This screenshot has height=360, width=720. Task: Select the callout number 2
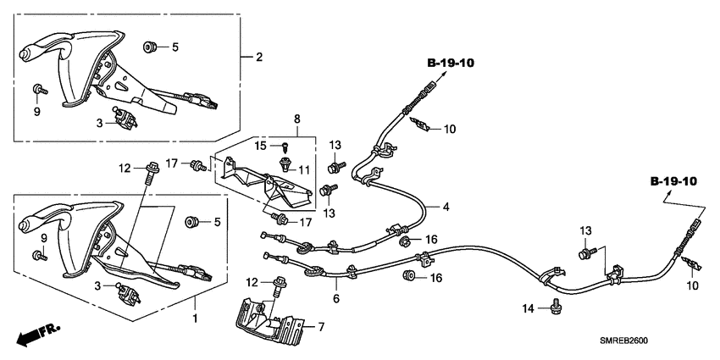pyautogui.click(x=259, y=58)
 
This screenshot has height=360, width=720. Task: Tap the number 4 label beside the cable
pyautogui.click(x=446, y=207)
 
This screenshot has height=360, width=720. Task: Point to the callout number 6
pyautogui.click(x=335, y=299)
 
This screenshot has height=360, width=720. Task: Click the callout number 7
pyautogui.click(x=321, y=326)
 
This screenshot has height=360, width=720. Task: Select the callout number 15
pyautogui.click(x=263, y=147)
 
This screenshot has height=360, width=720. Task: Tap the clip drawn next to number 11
pyautogui.click(x=285, y=169)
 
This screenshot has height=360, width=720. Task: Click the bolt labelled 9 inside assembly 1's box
pyautogui.click(x=38, y=255)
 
